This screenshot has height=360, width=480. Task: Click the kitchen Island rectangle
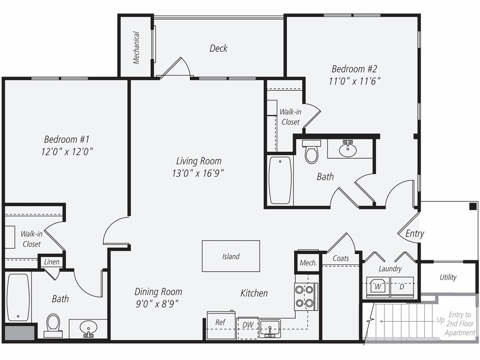(x=231, y=256)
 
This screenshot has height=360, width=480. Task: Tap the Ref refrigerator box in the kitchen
(x=221, y=325)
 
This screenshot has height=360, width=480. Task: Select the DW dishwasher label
(x=248, y=325)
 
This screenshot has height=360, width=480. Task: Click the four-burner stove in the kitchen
(x=305, y=296)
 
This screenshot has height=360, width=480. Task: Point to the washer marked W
(x=378, y=287)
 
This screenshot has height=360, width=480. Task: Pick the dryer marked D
(x=402, y=287)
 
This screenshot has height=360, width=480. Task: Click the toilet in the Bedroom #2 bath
(x=311, y=152)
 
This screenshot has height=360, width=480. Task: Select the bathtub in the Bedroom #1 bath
(x=18, y=297)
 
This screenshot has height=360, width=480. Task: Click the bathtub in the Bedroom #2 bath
(x=280, y=180)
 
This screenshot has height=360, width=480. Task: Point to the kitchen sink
(x=270, y=328)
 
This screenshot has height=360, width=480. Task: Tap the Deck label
(x=218, y=48)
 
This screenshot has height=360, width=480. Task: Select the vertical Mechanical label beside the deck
(x=136, y=47)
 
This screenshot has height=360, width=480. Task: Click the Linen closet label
(x=52, y=262)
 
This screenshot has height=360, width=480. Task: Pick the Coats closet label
(x=340, y=258)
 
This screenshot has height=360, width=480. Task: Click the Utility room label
(x=448, y=277)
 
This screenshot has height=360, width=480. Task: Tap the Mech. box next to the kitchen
(x=308, y=263)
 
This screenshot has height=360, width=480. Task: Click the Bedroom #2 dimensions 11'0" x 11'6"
(x=355, y=81)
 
